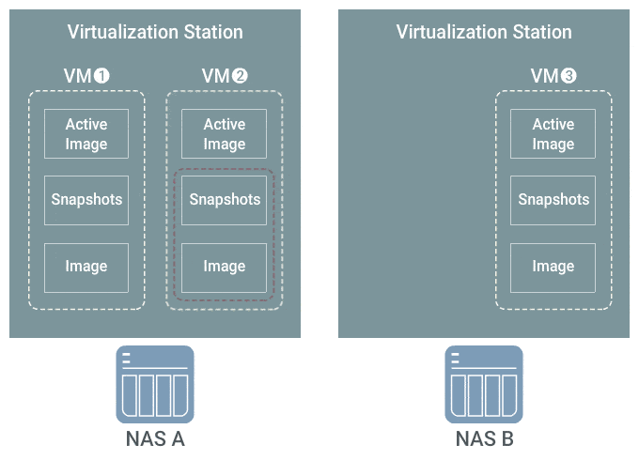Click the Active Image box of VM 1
(x=86, y=133)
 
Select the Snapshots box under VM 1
(x=86, y=200)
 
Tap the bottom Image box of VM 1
(x=86, y=268)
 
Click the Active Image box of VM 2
(x=225, y=133)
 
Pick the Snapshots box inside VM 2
(x=225, y=200)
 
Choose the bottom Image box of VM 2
(x=225, y=268)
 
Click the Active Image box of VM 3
(x=553, y=133)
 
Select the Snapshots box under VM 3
(x=553, y=200)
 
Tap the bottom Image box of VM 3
(x=553, y=268)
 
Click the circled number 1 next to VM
(x=101, y=76)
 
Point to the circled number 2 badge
(x=240, y=76)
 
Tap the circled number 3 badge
(x=569, y=76)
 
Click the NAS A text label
(x=155, y=438)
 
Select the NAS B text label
(x=484, y=438)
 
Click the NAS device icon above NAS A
(x=155, y=384)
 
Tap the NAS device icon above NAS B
(x=484, y=384)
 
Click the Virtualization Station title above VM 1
(x=155, y=32)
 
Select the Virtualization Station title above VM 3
(x=484, y=32)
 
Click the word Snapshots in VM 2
(x=225, y=199)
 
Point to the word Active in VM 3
(x=553, y=124)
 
